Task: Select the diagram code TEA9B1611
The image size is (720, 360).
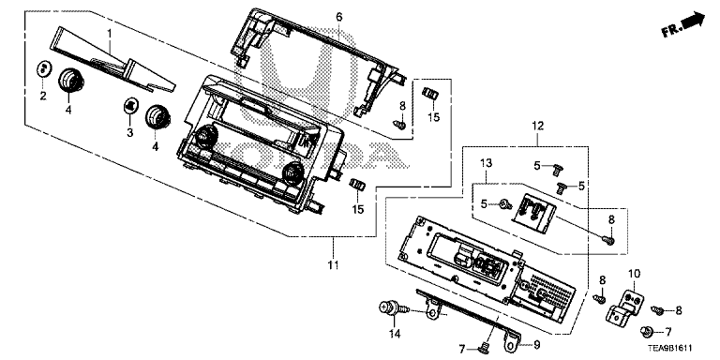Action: pyautogui.click(x=669, y=349)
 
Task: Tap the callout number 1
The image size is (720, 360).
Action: pyautogui.click(x=110, y=33)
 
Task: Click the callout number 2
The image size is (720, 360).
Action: pyautogui.click(x=43, y=96)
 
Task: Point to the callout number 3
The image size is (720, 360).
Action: pyautogui.click(x=130, y=133)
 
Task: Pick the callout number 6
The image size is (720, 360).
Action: pyautogui.click(x=338, y=18)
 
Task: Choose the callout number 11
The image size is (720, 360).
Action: pyautogui.click(x=333, y=265)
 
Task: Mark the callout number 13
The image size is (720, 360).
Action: pyautogui.click(x=486, y=162)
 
